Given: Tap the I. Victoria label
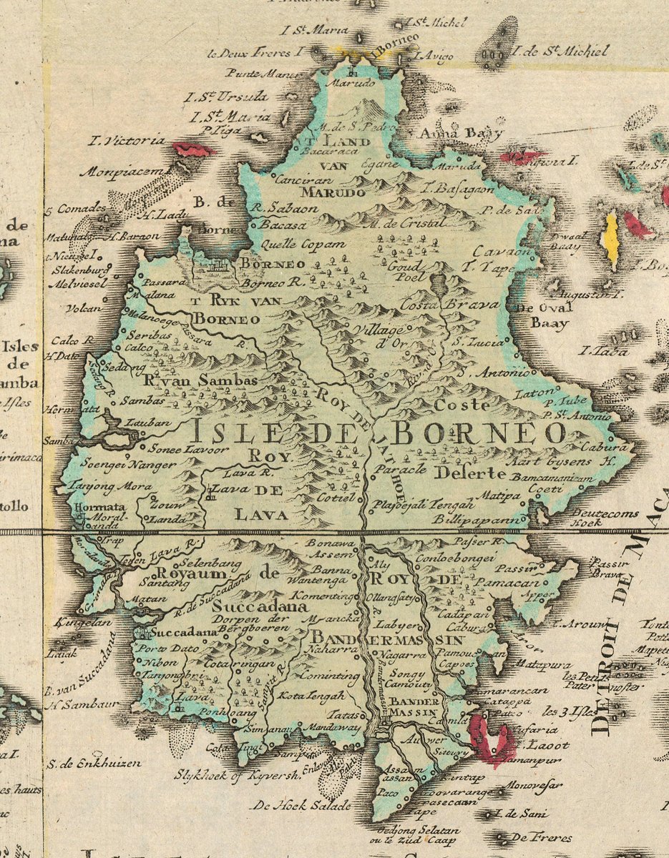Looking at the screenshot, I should click(126, 140).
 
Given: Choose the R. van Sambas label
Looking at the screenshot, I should click(200, 381).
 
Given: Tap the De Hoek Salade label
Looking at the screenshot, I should click(301, 805).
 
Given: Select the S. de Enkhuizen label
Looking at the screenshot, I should click(94, 763).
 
